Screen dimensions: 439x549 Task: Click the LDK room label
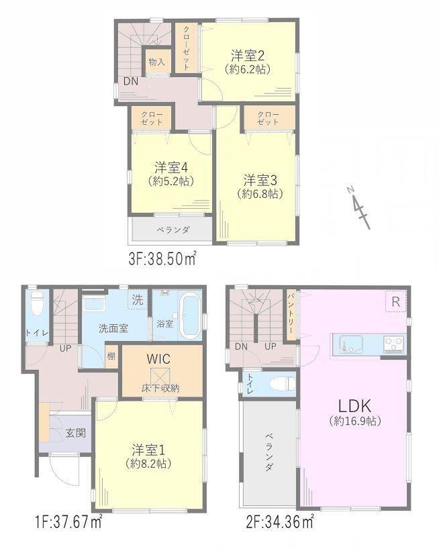354,406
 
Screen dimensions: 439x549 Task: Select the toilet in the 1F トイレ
37,303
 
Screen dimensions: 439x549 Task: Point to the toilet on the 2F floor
282,383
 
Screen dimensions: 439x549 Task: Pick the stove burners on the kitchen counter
394,344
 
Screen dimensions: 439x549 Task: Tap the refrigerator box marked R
395,301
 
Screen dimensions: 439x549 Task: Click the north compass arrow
359,207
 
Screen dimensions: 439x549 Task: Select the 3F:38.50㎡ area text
162,260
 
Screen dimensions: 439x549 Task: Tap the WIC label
158,359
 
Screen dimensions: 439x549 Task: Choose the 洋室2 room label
248,56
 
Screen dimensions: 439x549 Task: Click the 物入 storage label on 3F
156,62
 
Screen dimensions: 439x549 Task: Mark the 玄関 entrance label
76,433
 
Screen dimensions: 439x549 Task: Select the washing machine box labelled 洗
138,300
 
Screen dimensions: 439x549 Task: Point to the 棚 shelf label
111,357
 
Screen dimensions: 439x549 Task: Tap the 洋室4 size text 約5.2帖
171,181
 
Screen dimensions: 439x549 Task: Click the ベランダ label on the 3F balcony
173,230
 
